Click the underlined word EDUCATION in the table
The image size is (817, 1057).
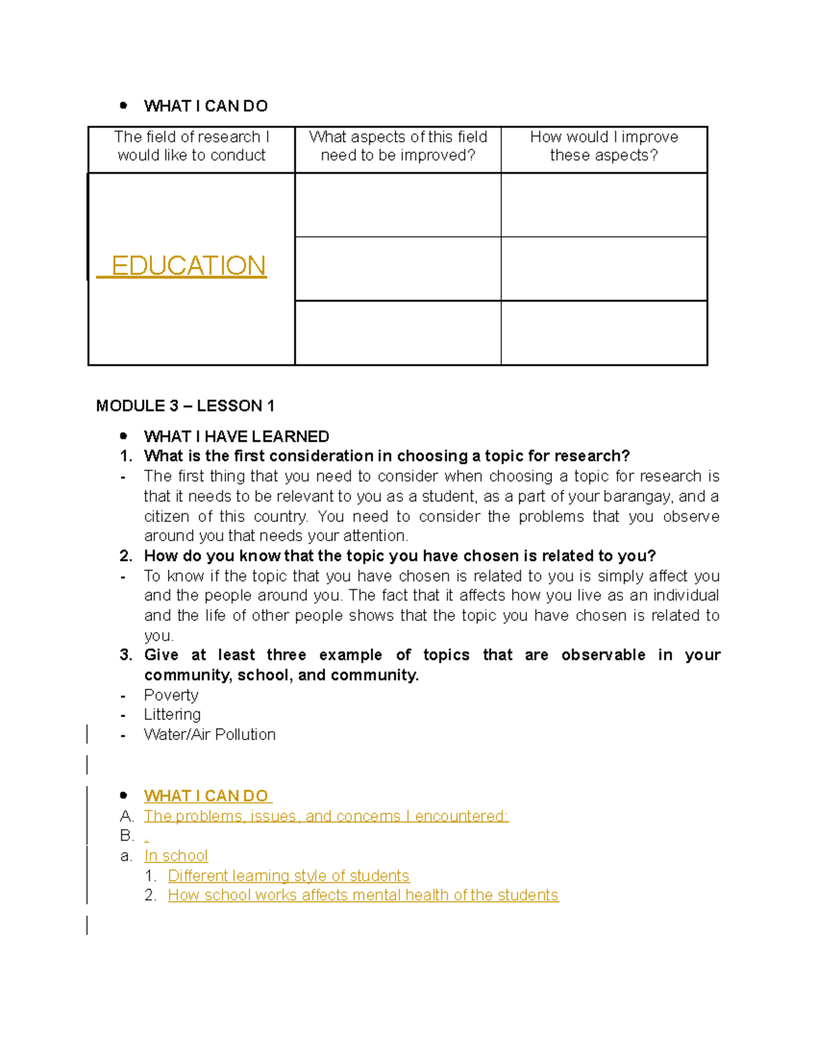tap(188, 265)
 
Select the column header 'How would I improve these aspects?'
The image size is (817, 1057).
tap(604, 146)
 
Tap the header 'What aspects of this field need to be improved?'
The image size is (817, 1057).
tap(398, 146)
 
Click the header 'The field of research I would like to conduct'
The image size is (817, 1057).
tap(191, 146)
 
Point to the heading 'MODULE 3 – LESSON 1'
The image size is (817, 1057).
tap(185, 406)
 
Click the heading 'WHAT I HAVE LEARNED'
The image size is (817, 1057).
tap(236, 436)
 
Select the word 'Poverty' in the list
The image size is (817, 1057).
tap(171, 695)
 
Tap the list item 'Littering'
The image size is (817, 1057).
tap(172, 715)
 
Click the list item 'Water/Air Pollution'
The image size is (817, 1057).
tap(210, 734)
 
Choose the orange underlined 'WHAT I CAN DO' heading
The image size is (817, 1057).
tap(207, 796)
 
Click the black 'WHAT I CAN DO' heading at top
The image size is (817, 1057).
tap(206, 106)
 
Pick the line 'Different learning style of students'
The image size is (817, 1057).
tap(289, 876)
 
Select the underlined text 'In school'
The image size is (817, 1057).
tap(176, 856)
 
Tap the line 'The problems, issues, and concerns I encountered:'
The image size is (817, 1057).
tap(326, 816)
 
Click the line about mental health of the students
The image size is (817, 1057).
tap(363, 895)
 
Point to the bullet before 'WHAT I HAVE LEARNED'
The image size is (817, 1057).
tap(123, 436)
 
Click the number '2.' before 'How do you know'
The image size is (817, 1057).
tap(126, 556)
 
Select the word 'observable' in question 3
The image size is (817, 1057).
tap(603, 655)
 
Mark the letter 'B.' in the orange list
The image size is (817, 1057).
tap(127, 836)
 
